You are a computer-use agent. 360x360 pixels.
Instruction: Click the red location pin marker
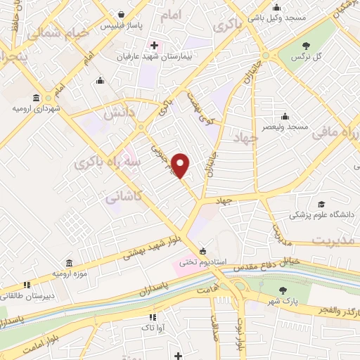tap(182, 165)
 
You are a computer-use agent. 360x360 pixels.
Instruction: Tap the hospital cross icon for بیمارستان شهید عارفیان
tap(154, 45)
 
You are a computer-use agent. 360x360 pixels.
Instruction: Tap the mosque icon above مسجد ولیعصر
tap(285, 116)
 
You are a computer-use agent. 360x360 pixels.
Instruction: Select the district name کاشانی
tap(123, 200)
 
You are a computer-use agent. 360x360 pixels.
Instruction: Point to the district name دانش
tap(118, 112)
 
